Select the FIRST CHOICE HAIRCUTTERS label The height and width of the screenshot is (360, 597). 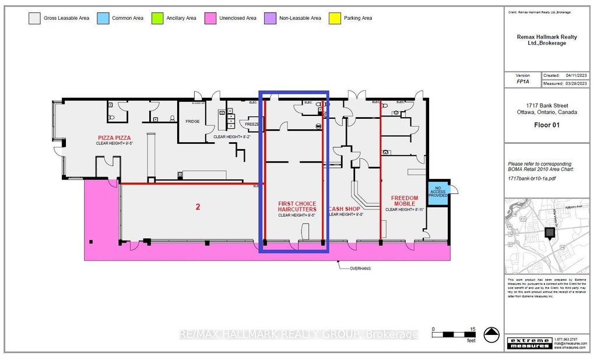point(297,206)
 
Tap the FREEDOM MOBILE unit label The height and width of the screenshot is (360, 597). point(405,201)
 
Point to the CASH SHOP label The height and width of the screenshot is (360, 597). point(345,209)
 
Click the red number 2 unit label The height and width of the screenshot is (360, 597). point(198,206)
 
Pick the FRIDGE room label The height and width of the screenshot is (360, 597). point(193,122)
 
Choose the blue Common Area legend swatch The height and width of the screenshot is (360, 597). point(102,18)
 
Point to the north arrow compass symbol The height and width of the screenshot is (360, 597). point(492,334)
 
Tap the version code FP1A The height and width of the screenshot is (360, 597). point(522,83)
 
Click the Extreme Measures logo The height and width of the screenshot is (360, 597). point(529,343)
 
